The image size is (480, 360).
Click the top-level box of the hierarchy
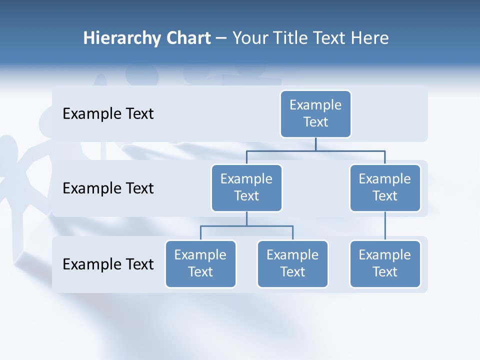[315, 113]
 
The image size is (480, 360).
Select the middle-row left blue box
[246, 187]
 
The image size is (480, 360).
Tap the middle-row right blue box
[385, 187]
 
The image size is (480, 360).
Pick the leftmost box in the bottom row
[200, 263]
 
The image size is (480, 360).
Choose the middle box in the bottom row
[292, 263]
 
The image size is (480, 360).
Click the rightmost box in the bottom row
[385, 263]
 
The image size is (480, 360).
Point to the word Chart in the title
[187, 38]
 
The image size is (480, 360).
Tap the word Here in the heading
[370, 38]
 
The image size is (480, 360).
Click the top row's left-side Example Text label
[108, 114]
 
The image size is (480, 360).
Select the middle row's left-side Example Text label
[108, 188]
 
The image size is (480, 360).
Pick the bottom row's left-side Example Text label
[108, 264]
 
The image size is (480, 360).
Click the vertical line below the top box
[315, 144]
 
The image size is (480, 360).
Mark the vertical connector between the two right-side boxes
[385, 226]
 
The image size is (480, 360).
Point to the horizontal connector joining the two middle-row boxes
[315, 150]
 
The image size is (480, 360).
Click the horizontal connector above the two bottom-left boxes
[246, 226]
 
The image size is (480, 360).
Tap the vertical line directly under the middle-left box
[246, 218]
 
